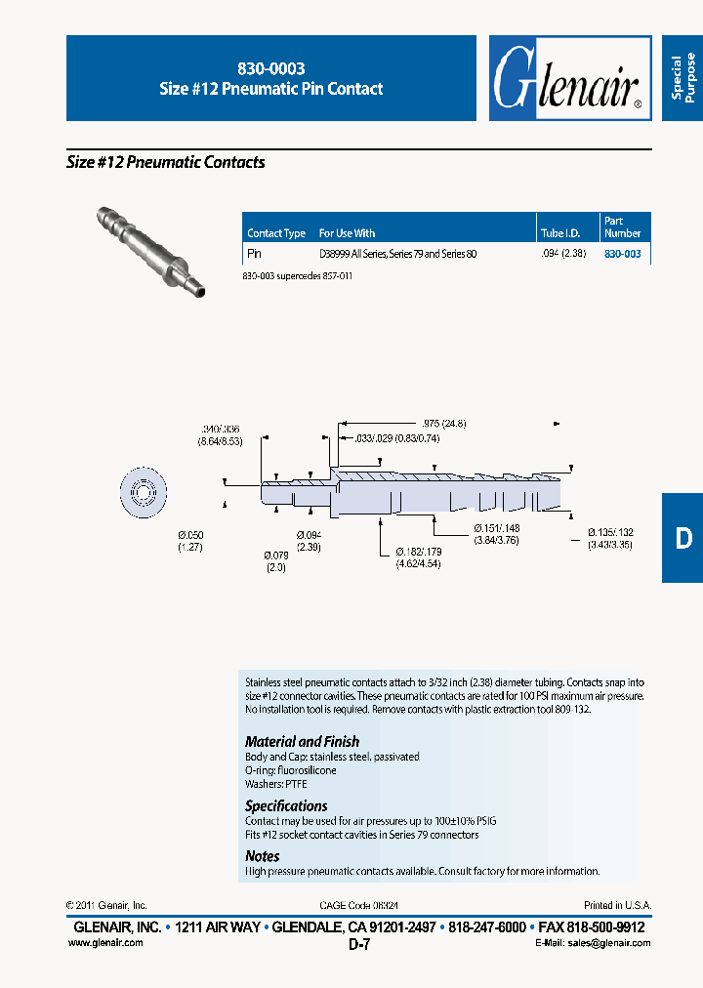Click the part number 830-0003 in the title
tap(271, 69)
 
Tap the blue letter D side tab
tap(682, 538)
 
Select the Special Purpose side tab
tap(682, 78)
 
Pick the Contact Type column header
tap(276, 233)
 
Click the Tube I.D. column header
tap(560, 233)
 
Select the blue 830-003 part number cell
tap(622, 254)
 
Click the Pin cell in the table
tap(254, 254)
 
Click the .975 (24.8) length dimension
tap(445, 424)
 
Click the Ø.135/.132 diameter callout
tap(610, 538)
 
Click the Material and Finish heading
tap(302, 742)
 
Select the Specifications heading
tap(286, 806)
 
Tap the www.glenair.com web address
tap(105, 942)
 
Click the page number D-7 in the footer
tap(358, 945)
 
